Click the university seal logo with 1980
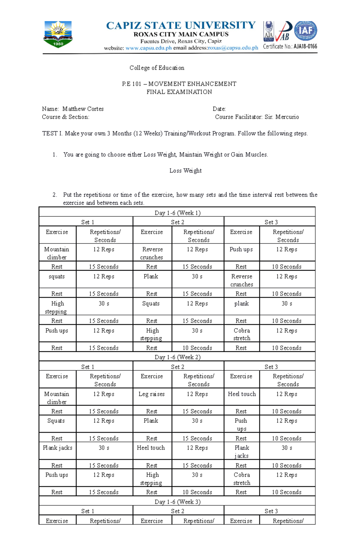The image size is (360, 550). [x=58, y=34]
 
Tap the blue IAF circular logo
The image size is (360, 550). [x=305, y=31]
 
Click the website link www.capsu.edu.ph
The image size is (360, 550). [x=148, y=48]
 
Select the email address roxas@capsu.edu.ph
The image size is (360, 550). [x=233, y=48]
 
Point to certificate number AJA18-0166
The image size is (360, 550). [x=305, y=46]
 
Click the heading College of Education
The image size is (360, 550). [x=157, y=68]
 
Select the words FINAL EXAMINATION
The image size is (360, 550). [x=179, y=92]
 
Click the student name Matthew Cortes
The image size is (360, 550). [x=83, y=109]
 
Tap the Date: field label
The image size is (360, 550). [x=219, y=109]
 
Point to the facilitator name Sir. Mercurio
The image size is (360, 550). [x=282, y=117]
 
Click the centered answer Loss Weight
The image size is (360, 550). [x=185, y=171]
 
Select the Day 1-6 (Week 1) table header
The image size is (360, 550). [x=177, y=213]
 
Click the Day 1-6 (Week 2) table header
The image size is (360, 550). [x=177, y=357]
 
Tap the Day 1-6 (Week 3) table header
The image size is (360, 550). [x=177, y=502]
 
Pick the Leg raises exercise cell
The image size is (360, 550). [x=151, y=394]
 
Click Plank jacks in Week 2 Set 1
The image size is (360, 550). [x=57, y=448]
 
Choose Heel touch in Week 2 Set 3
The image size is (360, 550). [x=242, y=394]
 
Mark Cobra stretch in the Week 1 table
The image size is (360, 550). [x=242, y=334]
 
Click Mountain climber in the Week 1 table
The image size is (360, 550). [x=57, y=253]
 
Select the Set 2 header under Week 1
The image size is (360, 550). [x=178, y=222]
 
